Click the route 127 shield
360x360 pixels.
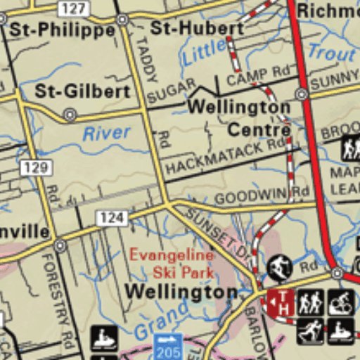tap(72, 8)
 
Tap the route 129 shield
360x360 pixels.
tap(34, 167)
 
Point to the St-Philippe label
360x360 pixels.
tap(63, 30)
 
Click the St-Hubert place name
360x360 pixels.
tap(197, 28)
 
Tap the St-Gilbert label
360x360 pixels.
tap(82, 91)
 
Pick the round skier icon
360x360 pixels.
tap(281, 267)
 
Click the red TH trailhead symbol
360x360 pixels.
tap(280, 303)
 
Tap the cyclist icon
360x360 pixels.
tap(341, 302)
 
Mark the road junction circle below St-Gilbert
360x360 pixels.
tap(70, 114)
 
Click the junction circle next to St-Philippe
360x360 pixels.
tap(122, 20)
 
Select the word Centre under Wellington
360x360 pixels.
tap(259, 130)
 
